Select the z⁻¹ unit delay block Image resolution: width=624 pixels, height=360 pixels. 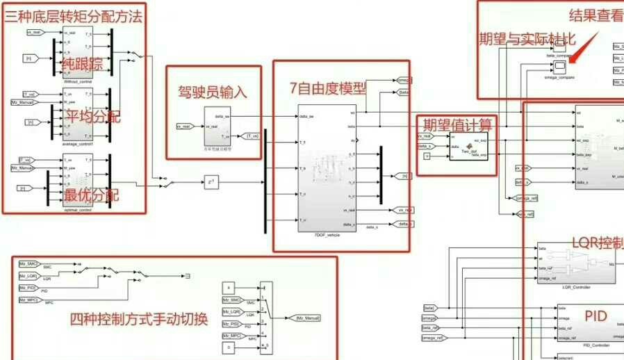tap(211, 183)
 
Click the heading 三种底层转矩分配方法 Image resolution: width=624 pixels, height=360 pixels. tap(74, 16)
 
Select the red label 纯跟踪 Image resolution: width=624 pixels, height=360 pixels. tap(83, 64)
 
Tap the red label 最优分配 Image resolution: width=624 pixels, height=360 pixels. tap(91, 195)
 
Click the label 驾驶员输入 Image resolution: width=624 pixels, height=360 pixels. tap(213, 90)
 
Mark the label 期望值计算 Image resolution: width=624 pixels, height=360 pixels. tap(457, 124)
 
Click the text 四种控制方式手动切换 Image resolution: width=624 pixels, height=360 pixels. tap(139, 319)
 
